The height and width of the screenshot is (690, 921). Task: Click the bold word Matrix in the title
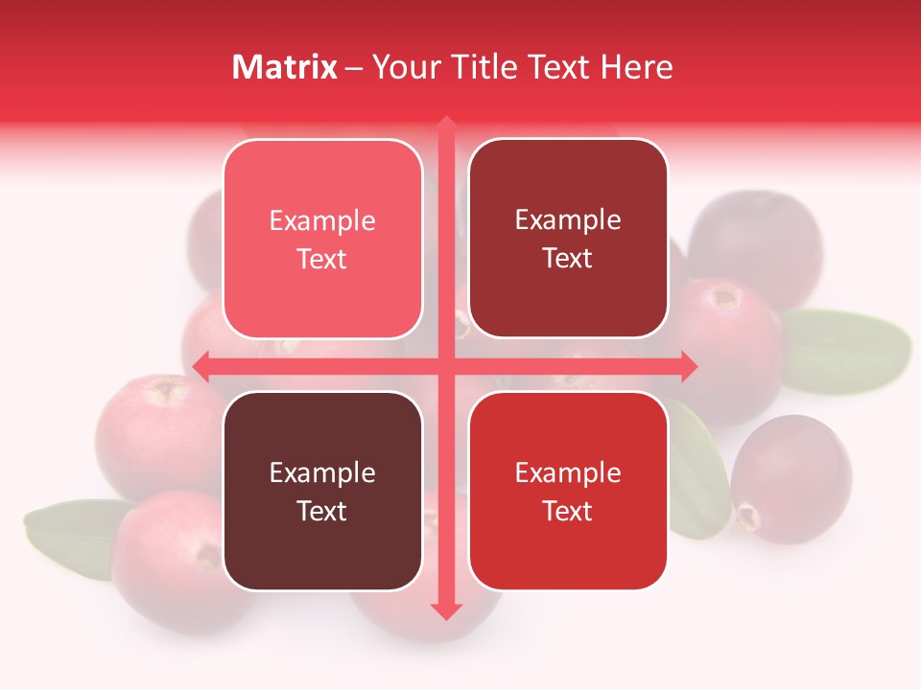click(285, 67)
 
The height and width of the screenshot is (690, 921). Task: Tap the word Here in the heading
click(637, 67)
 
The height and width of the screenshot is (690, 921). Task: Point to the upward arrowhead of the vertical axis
click(446, 124)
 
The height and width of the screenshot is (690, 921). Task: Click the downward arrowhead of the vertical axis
click(446, 610)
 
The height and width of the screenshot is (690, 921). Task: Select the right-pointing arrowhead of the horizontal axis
click(689, 366)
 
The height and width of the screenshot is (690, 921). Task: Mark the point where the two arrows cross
click(446, 366)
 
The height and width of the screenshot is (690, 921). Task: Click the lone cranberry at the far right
click(791, 479)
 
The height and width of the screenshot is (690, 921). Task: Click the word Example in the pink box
click(322, 220)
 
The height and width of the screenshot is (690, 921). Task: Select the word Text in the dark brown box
click(322, 511)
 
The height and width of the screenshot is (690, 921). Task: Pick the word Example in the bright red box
click(568, 472)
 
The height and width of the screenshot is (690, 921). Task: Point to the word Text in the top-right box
click(568, 258)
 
